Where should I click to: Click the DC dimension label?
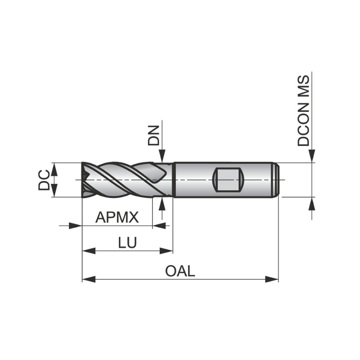coord(44,180)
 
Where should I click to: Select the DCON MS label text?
coord(304,111)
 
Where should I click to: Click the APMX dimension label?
coord(117,218)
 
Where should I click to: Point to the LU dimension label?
coord(127,243)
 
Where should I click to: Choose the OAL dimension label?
coord(180,271)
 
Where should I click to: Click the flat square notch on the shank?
coord(228,179)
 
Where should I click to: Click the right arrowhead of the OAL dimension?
coord(272,279)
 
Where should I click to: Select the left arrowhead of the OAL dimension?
coord(89,279)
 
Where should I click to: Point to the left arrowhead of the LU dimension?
coord(89,251)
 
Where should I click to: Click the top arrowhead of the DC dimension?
coord(54,168)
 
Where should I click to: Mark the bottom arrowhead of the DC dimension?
coord(54,191)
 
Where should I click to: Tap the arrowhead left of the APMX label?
coord(75,225)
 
